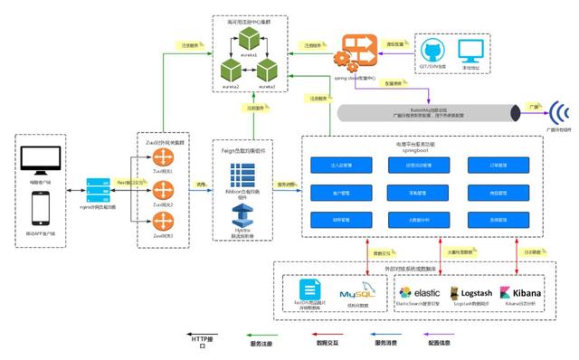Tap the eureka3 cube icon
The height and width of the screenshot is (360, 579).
click(267, 70)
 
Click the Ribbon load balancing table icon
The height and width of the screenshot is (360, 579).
click(242, 176)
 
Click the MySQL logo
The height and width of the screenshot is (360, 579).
click(356, 293)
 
